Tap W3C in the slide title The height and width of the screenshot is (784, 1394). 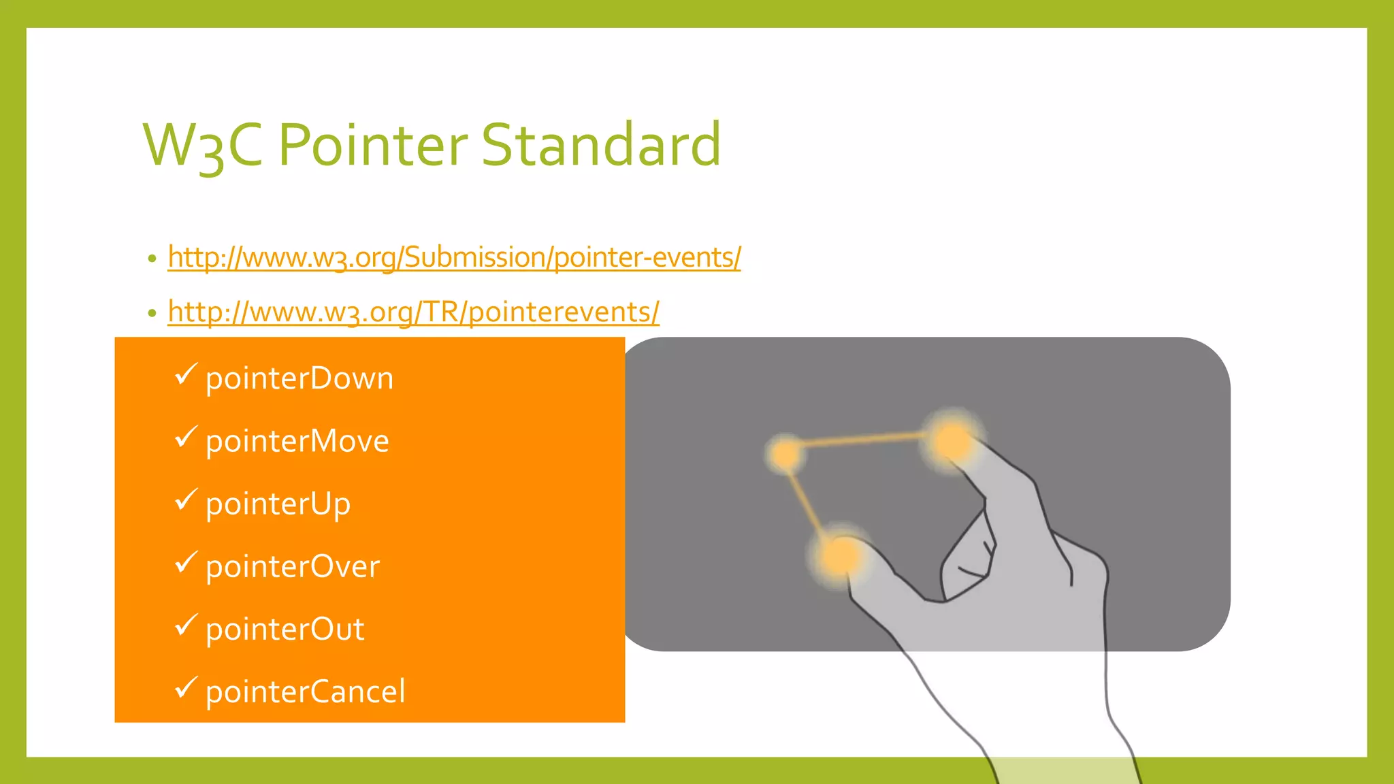click(x=202, y=146)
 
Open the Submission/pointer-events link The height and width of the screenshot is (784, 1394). click(x=454, y=257)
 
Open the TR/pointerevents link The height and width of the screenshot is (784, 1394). click(x=413, y=312)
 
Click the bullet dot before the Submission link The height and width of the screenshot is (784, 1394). click(x=152, y=259)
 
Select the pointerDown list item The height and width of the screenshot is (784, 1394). click(x=299, y=378)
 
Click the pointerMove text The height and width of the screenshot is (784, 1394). click(x=297, y=441)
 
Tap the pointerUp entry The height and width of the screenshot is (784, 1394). click(x=278, y=504)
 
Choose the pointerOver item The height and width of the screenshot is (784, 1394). click(x=293, y=566)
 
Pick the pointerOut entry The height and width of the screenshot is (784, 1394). click(x=285, y=630)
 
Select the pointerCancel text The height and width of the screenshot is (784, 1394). click(x=305, y=692)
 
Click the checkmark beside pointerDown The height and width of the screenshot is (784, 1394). click(x=185, y=374)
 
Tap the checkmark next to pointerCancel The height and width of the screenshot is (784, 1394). click(x=185, y=687)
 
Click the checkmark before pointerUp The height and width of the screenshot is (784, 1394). click(x=185, y=500)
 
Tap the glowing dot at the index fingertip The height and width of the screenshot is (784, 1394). click(x=952, y=441)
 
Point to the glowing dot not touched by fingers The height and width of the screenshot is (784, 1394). click(x=786, y=453)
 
